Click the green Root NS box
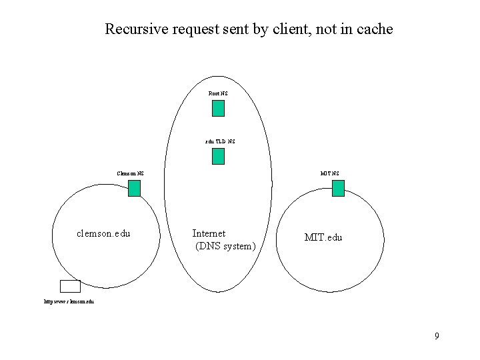[x=218, y=108]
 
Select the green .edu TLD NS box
[x=218, y=156]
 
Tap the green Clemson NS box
[x=134, y=189]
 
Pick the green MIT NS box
[x=338, y=189]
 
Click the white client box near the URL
[x=70, y=286]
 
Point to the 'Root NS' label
[x=218, y=93]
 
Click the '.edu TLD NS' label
[x=220, y=141]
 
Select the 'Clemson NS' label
[x=130, y=174]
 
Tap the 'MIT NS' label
[x=329, y=174]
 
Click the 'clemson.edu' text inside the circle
[x=103, y=234]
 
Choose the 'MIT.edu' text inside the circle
[x=323, y=237]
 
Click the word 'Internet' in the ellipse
[x=209, y=233]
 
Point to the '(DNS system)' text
[x=225, y=247]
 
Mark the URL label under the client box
[x=69, y=301]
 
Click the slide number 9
[x=437, y=336]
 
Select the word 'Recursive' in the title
[x=133, y=29]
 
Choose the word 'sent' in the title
[x=228, y=29]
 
